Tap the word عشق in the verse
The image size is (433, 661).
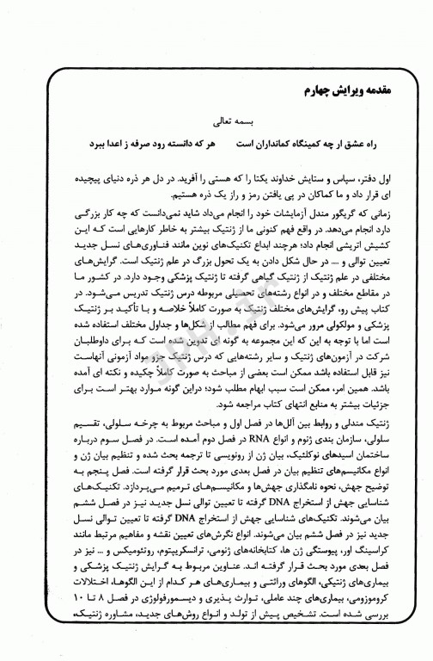pyautogui.click(x=350, y=145)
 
